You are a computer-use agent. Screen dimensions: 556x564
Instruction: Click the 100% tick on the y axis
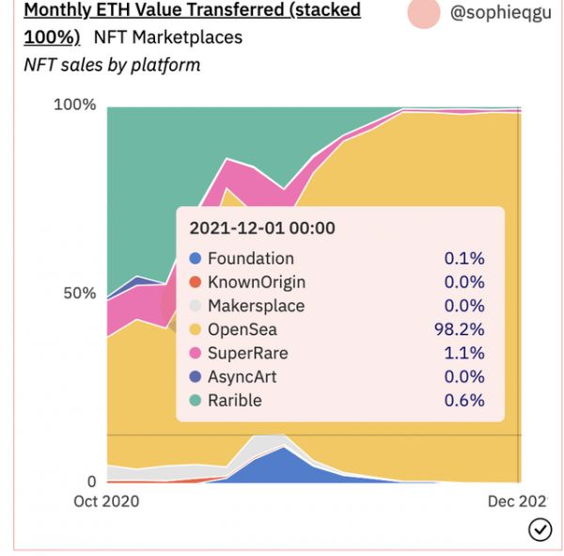click(75, 104)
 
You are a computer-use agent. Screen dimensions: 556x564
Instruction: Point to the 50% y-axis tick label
click(80, 293)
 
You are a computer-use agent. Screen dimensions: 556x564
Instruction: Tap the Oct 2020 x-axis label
click(106, 501)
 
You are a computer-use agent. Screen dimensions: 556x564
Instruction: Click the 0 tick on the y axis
click(90, 482)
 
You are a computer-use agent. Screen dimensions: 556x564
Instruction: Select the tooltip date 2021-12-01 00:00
click(262, 228)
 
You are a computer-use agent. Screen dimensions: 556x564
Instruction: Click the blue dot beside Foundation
click(196, 259)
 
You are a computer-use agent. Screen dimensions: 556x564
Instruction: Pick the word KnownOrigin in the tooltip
click(256, 282)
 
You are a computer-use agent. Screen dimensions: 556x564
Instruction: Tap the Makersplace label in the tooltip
click(256, 306)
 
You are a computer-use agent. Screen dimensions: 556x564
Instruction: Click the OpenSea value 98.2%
click(464, 329)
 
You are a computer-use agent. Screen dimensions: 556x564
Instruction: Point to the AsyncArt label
click(242, 376)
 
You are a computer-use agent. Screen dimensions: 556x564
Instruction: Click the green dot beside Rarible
click(196, 401)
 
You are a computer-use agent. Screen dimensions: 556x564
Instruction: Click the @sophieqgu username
click(500, 14)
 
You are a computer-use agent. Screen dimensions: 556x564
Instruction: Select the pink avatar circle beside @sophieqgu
click(424, 13)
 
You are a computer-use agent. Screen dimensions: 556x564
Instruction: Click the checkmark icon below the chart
click(540, 531)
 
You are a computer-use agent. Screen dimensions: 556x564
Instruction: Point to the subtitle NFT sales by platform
click(112, 65)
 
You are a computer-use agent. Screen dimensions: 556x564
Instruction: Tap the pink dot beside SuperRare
click(196, 354)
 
